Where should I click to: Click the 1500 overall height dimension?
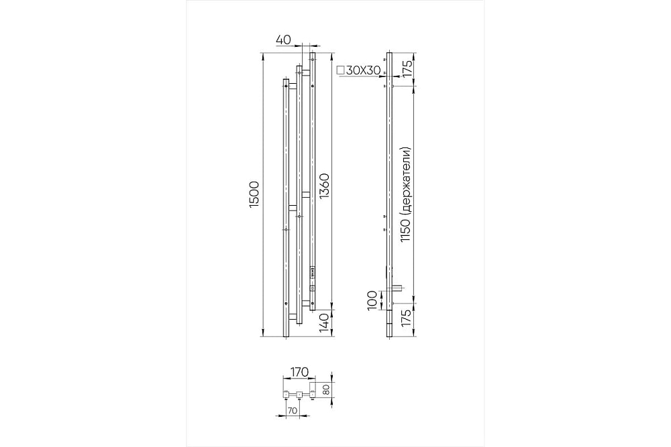tap(254, 195)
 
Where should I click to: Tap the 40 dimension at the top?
tap(283, 40)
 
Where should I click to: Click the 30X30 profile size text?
tap(363, 70)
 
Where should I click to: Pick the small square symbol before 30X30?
tap(341, 70)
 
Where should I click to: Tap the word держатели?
tap(406, 182)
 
